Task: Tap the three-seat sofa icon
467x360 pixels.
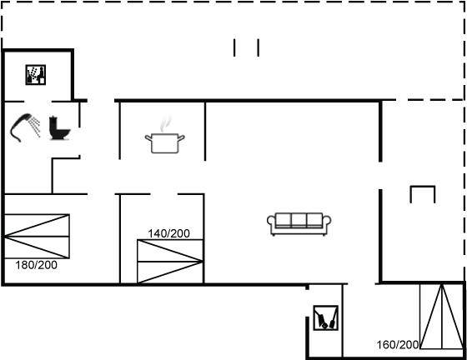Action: pyautogui.click(x=299, y=223)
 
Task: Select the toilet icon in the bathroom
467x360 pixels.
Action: pyautogui.click(x=59, y=128)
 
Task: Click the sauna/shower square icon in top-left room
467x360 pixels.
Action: pyautogui.click(x=35, y=75)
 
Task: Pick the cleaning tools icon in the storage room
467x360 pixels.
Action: pyautogui.click(x=326, y=317)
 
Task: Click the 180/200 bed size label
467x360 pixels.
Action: pyautogui.click(x=37, y=265)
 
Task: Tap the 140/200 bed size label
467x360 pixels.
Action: pyautogui.click(x=168, y=233)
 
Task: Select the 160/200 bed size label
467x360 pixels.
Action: pyautogui.click(x=398, y=345)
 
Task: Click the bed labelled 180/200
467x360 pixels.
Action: pyautogui.click(x=37, y=236)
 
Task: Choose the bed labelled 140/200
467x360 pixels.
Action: pyautogui.click(x=170, y=262)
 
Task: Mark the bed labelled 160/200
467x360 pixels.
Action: pyautogui.click(x=442, y=317)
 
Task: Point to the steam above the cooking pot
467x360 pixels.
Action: pyautogui.click(x=166, y=124)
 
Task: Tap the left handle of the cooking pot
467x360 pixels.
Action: pyautogui.click(x=148, y=138)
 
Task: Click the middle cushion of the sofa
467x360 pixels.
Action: pyautogui.click(x=299, y=220)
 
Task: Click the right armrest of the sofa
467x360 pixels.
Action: pyautogui.click(x=327, y=223)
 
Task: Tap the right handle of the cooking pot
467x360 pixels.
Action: pyautogui.click(x=181, y=138)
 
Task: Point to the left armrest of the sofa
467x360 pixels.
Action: pyautogui.click(x=271, y=223)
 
